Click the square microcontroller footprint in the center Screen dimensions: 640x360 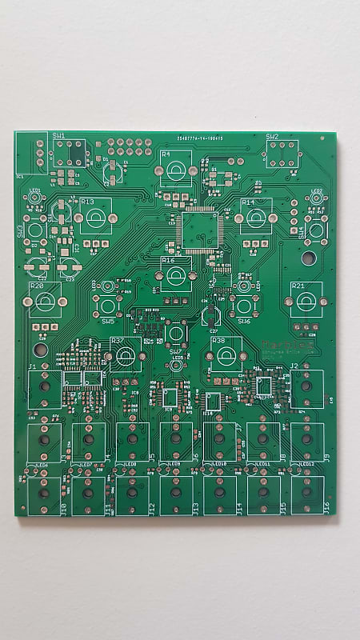pos(198,230)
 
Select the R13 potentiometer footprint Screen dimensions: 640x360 pos(96,218)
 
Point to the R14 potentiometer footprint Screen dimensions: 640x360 pos(256,217)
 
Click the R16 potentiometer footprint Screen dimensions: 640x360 pos(176,276)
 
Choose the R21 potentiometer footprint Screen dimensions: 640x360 pos(306,301)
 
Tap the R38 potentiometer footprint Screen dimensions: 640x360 pos(226,355)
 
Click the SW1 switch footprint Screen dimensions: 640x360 pos(70,153)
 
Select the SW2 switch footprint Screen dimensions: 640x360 pos(282,153)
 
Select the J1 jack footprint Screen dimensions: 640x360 pos(45,390)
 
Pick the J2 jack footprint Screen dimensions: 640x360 pos(306,390)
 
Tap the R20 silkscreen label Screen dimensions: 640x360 pos(36,286)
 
